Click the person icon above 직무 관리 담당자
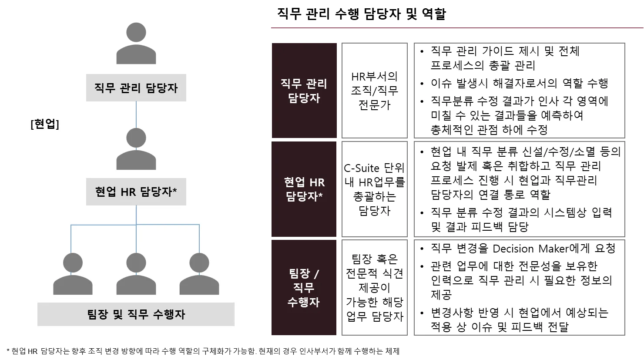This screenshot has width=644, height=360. click(x=135, y=44)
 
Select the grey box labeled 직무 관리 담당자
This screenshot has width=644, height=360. click(x=136, y=88)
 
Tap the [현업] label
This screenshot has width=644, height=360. click(x=45, y=124)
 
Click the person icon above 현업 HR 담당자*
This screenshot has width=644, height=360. click(x=136, y=149)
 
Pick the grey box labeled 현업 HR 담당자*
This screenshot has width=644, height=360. click(x=136, y=192)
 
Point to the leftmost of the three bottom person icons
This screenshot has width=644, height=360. click(x=73, y=274)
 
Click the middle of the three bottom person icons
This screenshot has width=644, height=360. click(x=136, y=274)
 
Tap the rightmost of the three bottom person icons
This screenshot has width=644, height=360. click(x=199, y=274)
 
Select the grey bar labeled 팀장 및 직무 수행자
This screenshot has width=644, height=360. click(x=136, y=314)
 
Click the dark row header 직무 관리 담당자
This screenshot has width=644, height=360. click(x=304, y=91)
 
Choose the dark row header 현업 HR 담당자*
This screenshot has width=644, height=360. click(x=304, y=189)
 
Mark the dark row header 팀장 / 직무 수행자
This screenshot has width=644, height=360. click(x=304, y=288)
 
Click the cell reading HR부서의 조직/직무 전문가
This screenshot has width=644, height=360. click(x=374, y=91)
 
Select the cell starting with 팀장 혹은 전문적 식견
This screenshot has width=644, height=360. click(x=374, y=288)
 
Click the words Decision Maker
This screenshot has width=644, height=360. click(x=531, y=249)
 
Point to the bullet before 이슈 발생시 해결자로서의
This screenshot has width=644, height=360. click(x=422, y=84)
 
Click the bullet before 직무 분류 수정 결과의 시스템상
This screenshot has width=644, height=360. click(x=422, y=213)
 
